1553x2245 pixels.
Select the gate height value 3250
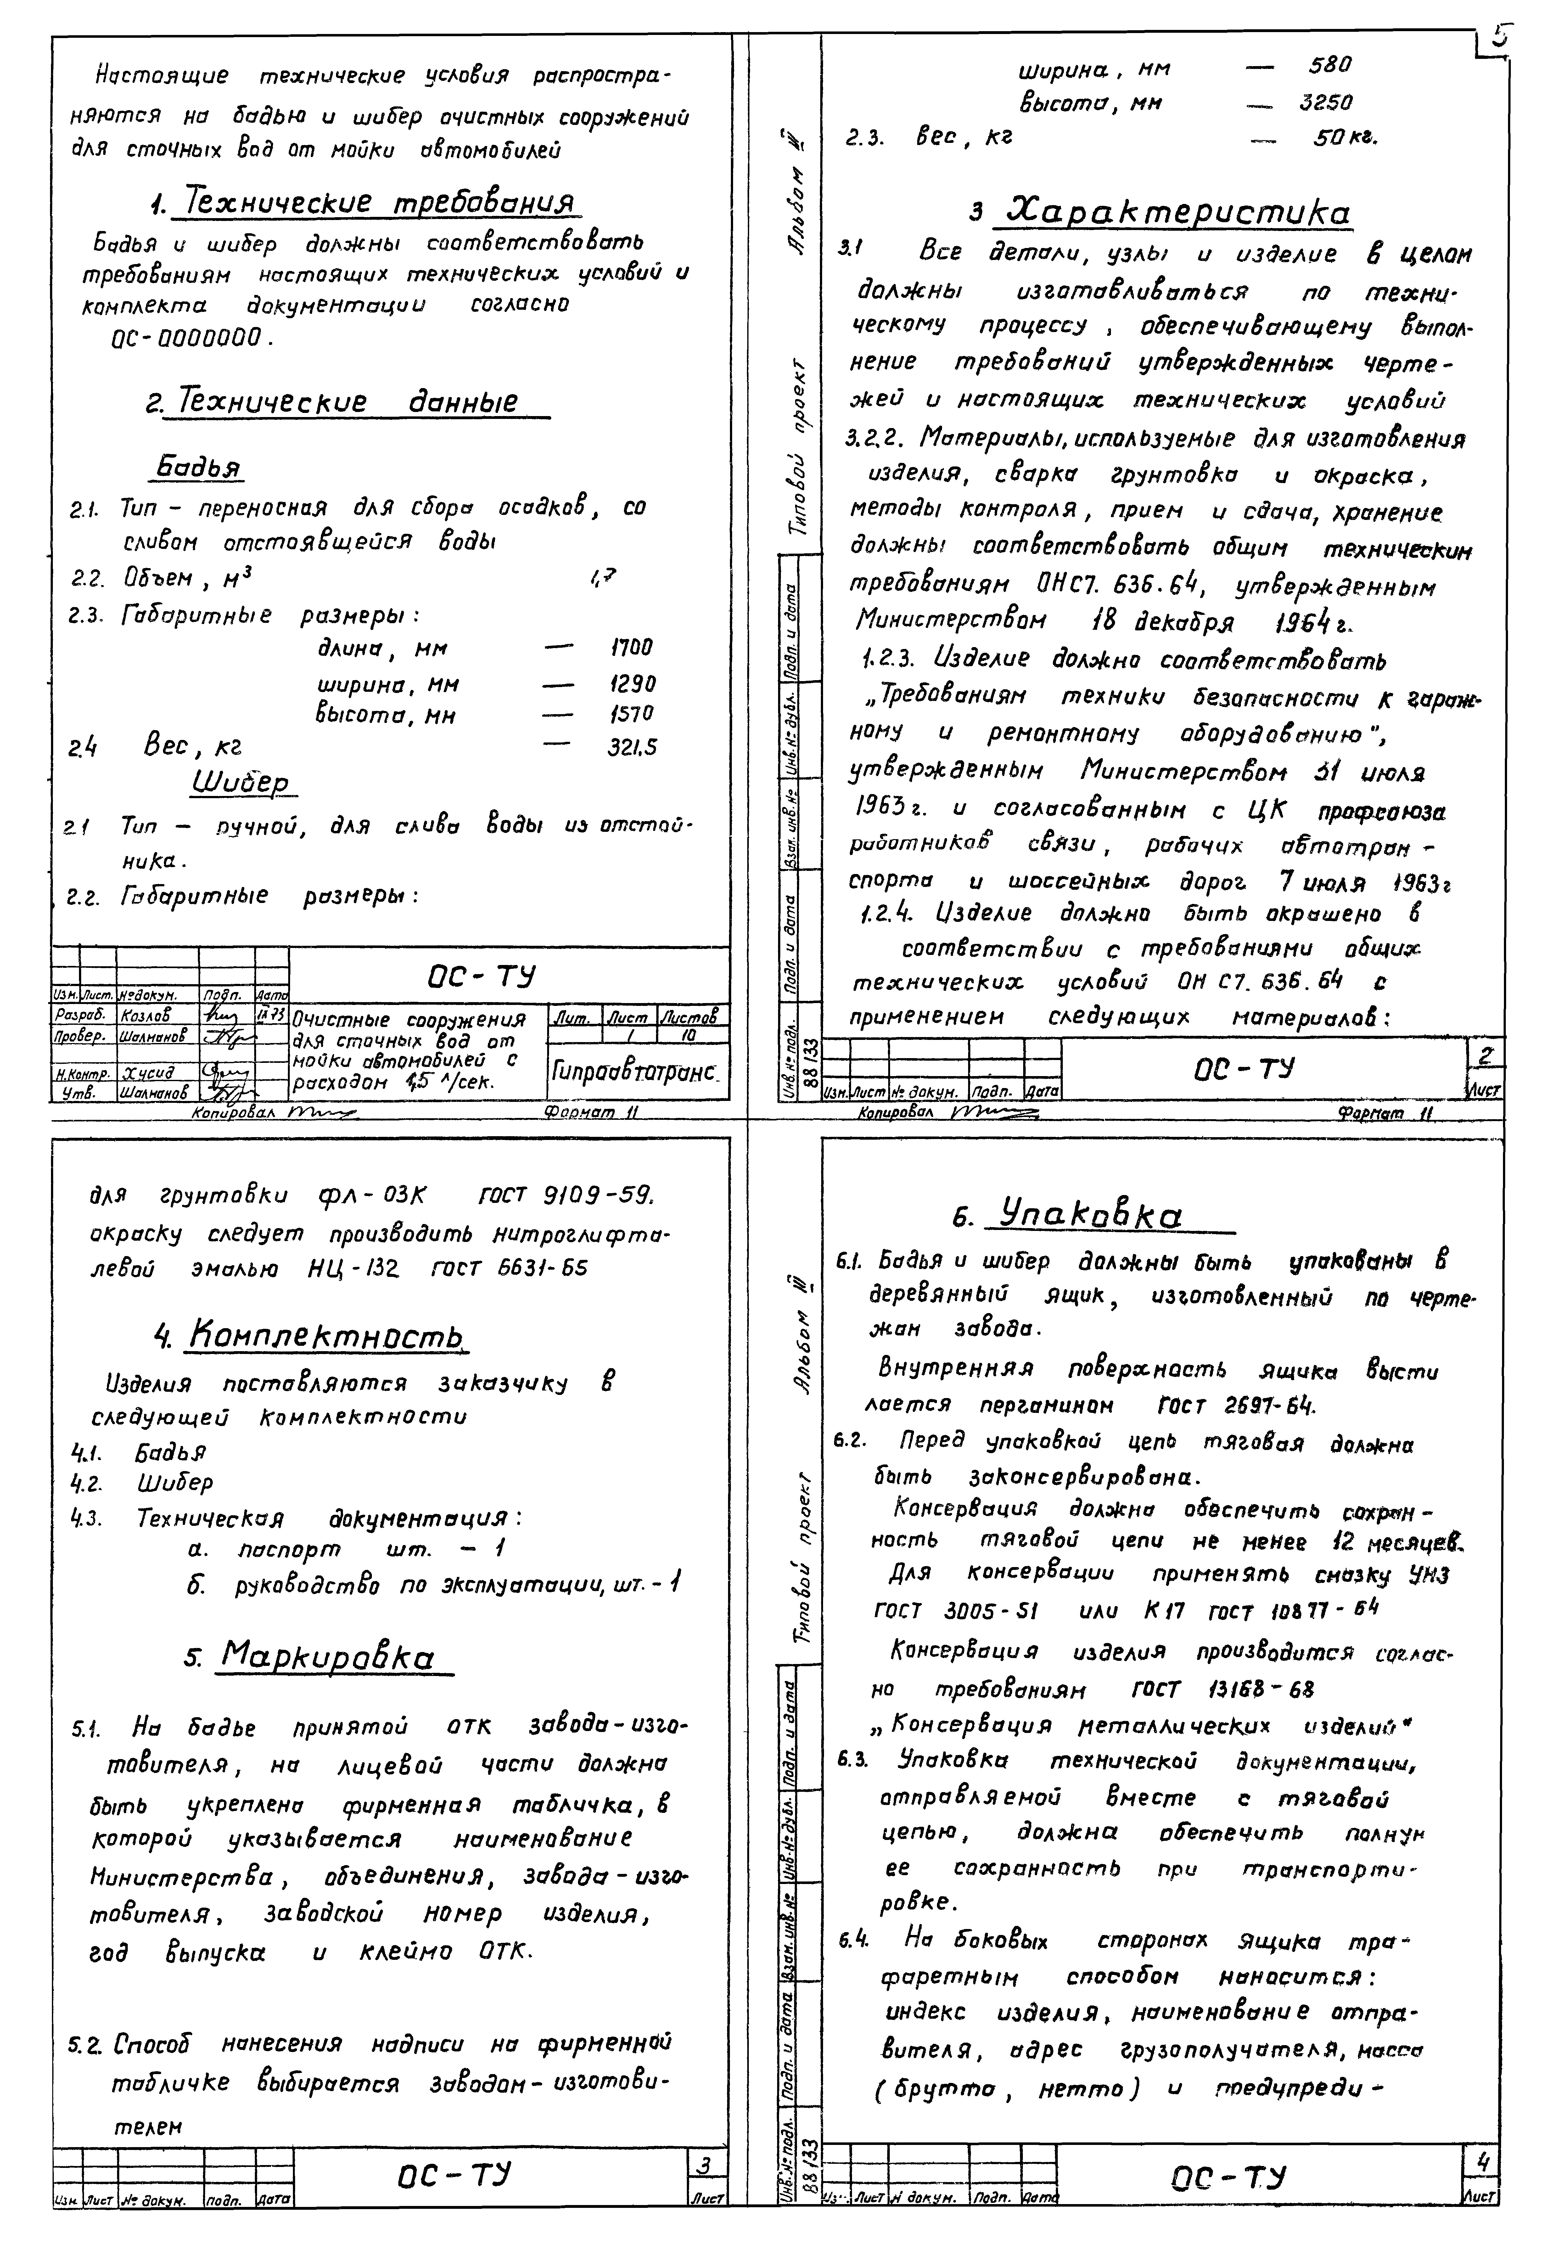click(x=1325, y=102)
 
